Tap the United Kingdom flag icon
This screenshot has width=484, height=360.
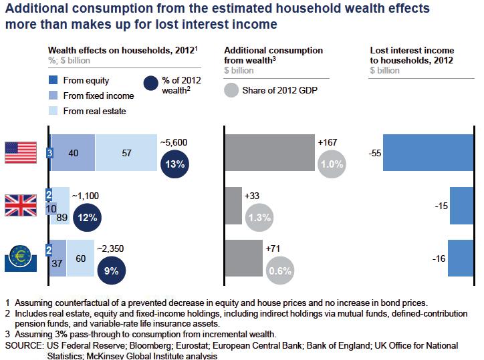point(21,204)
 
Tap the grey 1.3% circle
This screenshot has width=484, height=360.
point(259,217)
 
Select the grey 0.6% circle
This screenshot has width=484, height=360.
point(279,271)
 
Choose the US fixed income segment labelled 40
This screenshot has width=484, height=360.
point(72,153)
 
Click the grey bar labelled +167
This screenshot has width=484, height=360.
point(269,153)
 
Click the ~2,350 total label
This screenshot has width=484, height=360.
point(111,248)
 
